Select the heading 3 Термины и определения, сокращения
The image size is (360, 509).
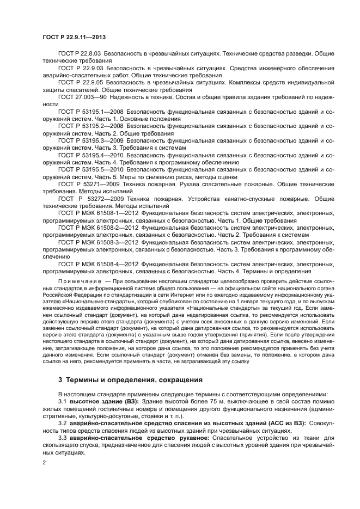click(x=131, y=379)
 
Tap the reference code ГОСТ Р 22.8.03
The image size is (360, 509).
click(x=78, y=55)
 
